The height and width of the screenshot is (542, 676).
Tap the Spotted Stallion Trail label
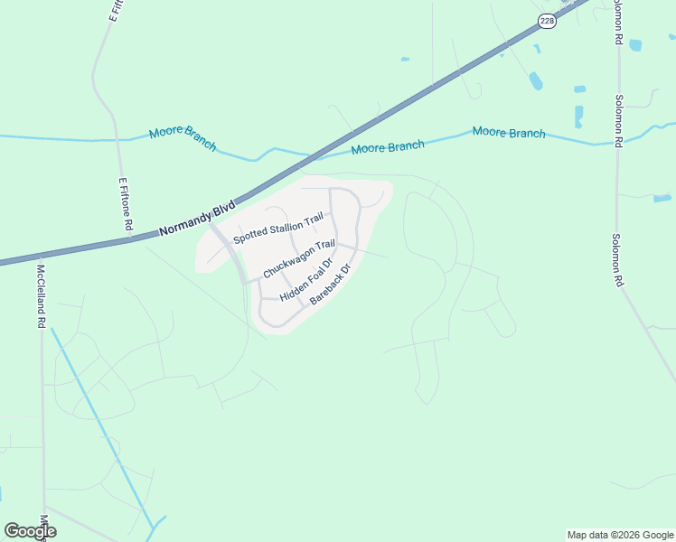tap(277, 228)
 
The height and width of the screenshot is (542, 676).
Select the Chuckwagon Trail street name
tap(299, 259)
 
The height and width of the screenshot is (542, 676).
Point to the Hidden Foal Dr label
tap(307, 281)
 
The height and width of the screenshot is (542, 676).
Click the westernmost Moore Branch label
tap(183, 137)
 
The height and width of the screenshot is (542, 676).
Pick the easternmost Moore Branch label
tap(509, 133)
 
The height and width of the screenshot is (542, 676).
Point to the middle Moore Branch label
tap(388, 146)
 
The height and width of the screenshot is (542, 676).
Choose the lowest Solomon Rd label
tap(618, 262)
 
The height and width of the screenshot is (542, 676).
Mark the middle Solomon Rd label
tap(619, 122)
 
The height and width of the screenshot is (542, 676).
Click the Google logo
tap(30, 531)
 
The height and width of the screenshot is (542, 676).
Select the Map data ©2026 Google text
tap(621, 535)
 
